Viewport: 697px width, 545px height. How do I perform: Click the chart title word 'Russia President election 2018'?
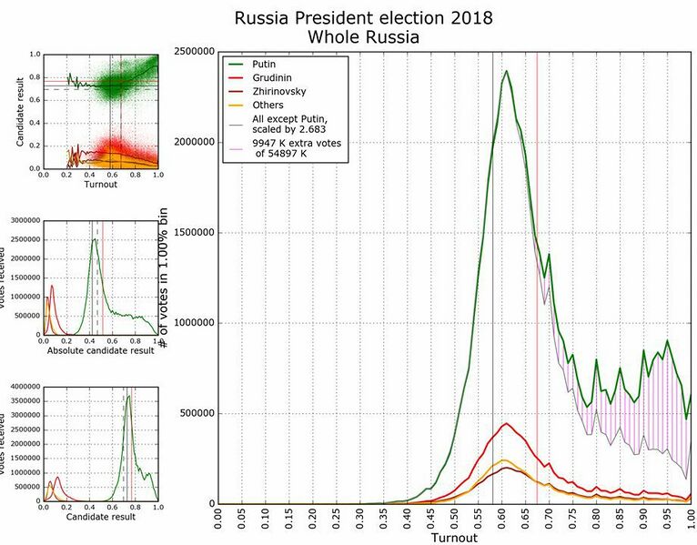point(363,18)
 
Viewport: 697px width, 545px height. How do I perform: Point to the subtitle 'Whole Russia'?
point(363,37)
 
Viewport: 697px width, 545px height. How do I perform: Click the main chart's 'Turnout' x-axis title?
point(454,538)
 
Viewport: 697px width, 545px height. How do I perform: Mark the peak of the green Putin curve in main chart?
point(507,71)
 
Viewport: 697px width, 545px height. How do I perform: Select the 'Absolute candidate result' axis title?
point(101,350)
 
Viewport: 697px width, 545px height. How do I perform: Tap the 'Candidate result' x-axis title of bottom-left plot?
point(101,516)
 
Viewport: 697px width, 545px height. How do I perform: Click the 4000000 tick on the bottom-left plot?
point(22,387)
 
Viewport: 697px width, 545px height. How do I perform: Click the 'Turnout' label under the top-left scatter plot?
point(101,185)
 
